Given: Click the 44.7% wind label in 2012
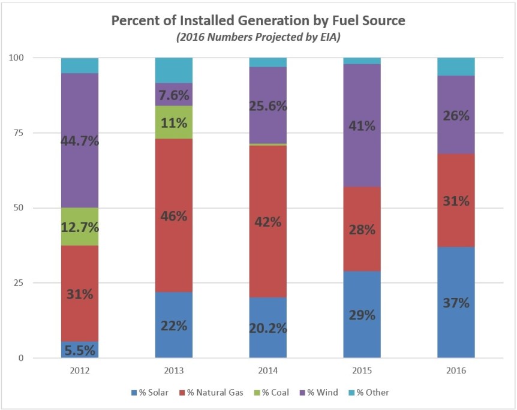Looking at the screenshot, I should click(80, 141).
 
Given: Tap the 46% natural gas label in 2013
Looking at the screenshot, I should click(174, 216).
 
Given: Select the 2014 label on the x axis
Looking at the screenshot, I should click(268, 372).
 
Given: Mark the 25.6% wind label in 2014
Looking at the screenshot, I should click(268, 105).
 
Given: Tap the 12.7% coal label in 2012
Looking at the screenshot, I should click(80, 228).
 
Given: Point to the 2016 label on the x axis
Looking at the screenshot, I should click(456, 372).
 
